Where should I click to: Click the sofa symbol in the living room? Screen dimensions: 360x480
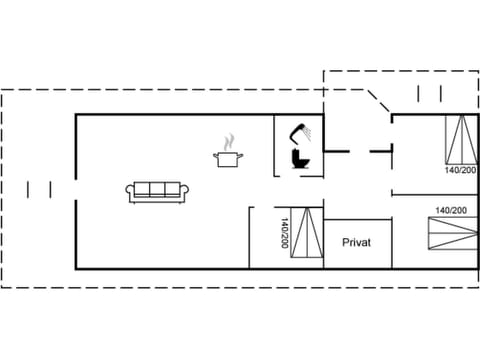click(x=154, y=191)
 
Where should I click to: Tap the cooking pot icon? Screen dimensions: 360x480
click(x=229, y=157)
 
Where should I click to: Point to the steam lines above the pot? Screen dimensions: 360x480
click(x=229, y=140)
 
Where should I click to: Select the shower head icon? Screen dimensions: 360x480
click(x=300, y=130)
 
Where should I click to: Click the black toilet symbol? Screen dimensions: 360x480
click(x=299, y=159)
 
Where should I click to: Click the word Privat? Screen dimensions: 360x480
click(x=357, y=242)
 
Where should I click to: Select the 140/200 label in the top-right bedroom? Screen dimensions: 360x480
click(x=460, y=170)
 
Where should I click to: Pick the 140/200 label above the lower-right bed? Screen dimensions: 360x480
click(x=451, y=210)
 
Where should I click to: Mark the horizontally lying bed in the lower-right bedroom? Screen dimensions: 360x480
click(x=452, y=237)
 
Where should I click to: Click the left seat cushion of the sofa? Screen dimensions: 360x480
click(x=139, y=190)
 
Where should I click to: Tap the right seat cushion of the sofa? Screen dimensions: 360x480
click(x=170, y=190)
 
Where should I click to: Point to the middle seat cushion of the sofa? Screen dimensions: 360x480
click(x=154, y=190)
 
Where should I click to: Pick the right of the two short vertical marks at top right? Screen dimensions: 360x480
click(x=439, y=94)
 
